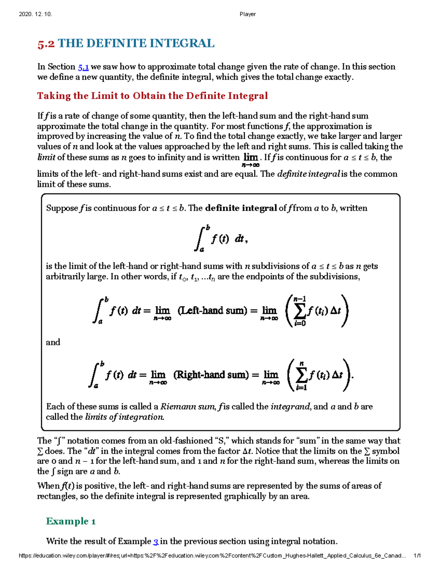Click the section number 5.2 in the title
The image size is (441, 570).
click(x=46, y=44)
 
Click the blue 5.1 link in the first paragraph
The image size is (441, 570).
click(x=83, y=67)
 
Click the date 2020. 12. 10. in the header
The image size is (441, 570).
click(x=35, y=14)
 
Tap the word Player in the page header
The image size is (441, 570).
click(x=248, y=14)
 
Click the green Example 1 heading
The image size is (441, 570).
click(x=71, y=521)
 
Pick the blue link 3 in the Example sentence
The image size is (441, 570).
click(x=156, y=541)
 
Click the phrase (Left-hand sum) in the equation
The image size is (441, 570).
click(x=212, y=311)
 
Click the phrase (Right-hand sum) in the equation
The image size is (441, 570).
click(x=211, y=375)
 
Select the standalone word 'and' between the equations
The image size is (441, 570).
click(x=53, y=342)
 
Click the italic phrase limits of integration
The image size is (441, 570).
click(x=125, y=417)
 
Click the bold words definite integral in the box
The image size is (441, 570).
click(x=241, y=208)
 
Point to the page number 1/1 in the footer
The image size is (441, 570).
click(x=417, y=556)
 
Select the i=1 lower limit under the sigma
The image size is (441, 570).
click(x=301, y=388)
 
